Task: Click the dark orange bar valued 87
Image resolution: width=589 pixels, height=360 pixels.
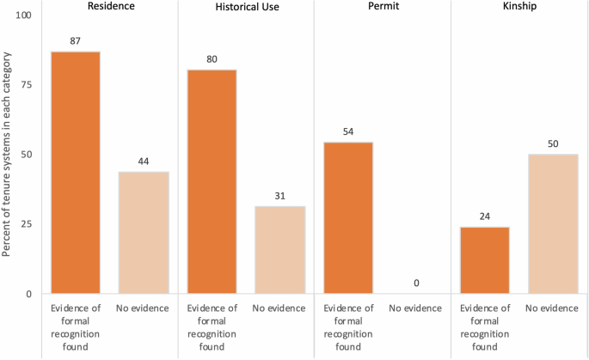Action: point(75,173)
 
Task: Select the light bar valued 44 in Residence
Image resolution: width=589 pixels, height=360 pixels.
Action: point(144,233)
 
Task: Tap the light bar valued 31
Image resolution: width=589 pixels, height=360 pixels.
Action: point(279,250)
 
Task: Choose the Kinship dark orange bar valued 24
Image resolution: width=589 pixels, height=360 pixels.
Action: point(484,260)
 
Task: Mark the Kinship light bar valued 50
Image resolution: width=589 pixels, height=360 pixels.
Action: point(553,224)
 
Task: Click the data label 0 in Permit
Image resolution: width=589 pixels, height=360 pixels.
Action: point(416,284)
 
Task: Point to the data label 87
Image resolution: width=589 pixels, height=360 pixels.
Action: point(75,40)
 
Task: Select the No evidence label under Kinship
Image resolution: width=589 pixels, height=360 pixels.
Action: point(553,308)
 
